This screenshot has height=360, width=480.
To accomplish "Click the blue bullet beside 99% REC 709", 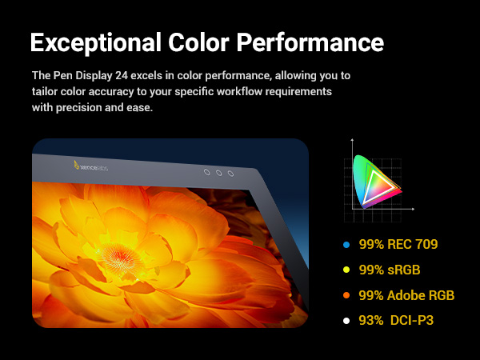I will (346, 245).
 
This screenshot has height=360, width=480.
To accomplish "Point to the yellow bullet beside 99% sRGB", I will (346, 270).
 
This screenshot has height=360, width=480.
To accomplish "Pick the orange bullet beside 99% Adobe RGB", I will (346, 296).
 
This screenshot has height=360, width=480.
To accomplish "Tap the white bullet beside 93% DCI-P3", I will (346, 322).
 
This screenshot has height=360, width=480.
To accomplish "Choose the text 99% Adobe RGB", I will (406, 296).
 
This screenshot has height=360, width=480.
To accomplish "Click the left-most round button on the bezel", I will (206, 172).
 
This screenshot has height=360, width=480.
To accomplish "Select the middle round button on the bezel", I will (218, 173).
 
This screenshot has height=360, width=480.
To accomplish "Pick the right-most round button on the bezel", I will (230, 174).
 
